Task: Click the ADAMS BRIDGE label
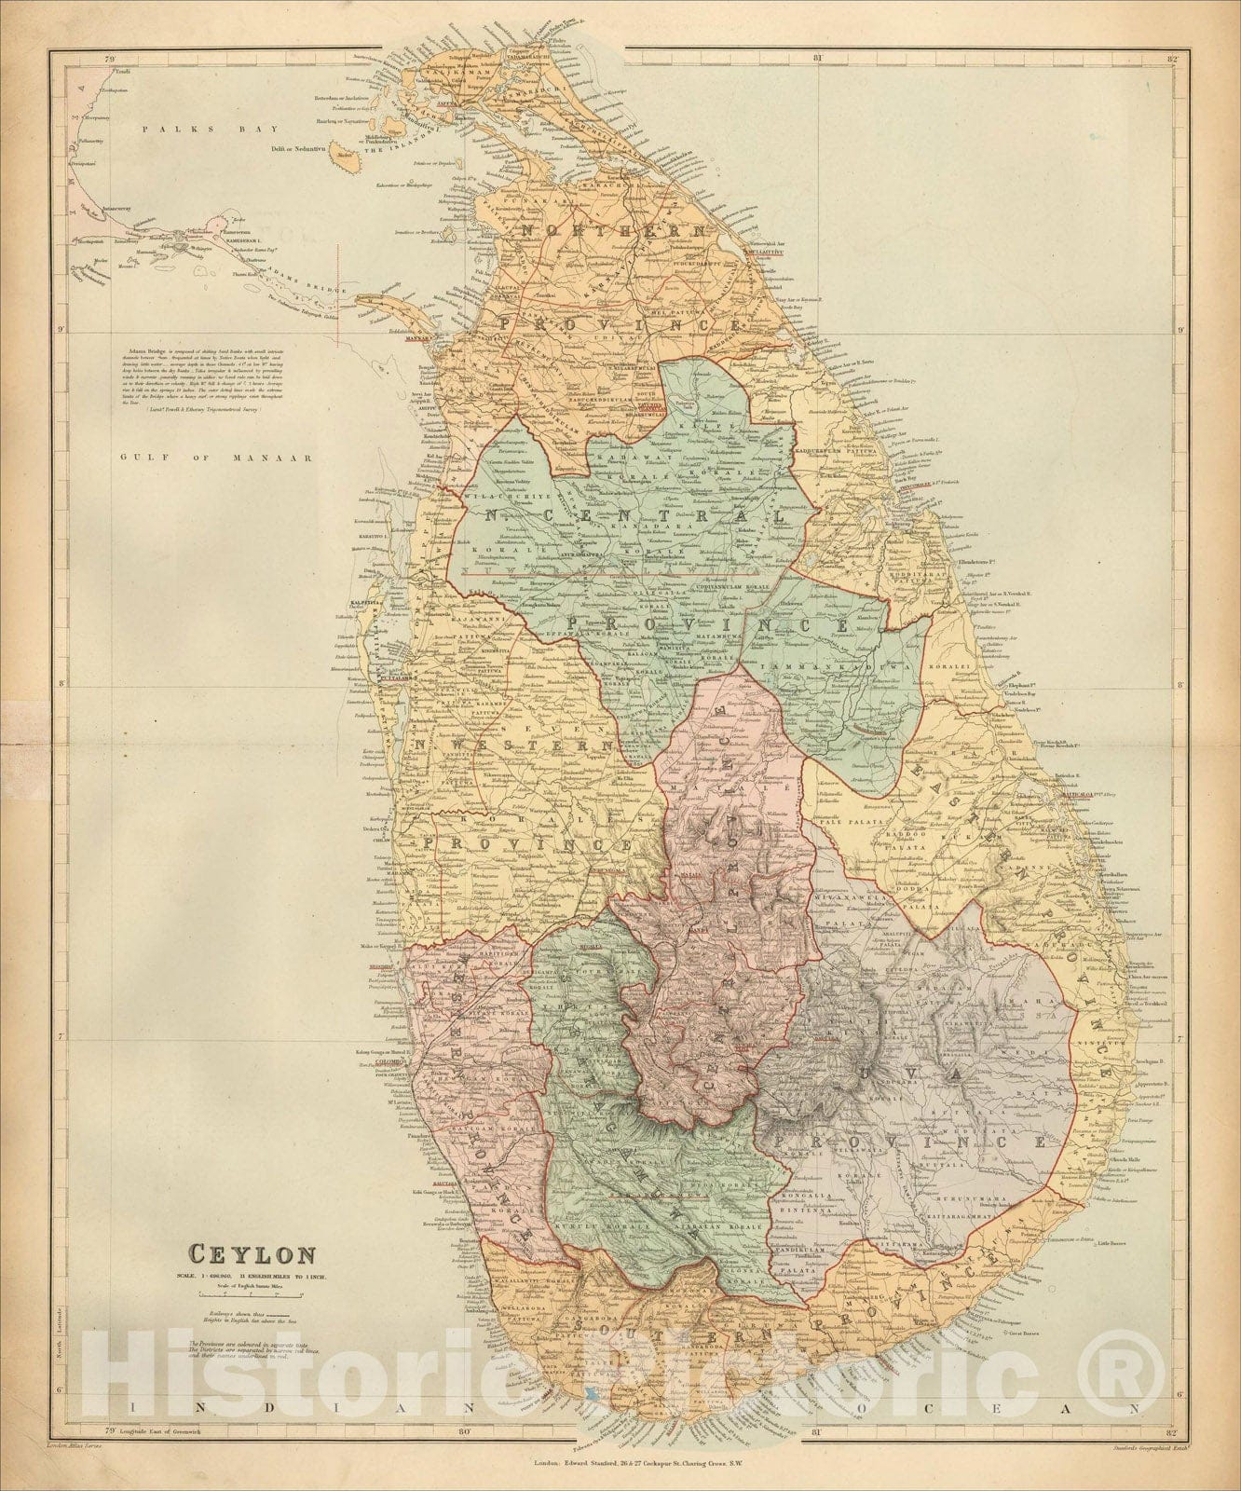pyautogui.click(x=297, y=269)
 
